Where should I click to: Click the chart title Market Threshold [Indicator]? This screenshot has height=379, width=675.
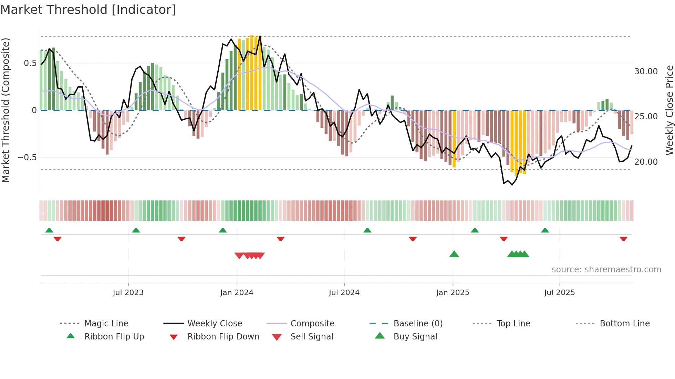(x=88, y=10)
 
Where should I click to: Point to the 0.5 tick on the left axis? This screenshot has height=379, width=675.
(x=30, y=63)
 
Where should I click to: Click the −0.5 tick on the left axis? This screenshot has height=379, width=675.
(x=27, y=158)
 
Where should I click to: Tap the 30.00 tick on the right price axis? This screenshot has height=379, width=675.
(x=646, y=72)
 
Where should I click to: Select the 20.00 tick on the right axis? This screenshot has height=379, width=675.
(x=646, y=162)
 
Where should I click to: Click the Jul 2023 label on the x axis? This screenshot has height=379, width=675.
(x=128, y=293)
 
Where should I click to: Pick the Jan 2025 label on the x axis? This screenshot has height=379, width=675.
(x=453, y=293)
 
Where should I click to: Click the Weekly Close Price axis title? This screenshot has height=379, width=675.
(x=669, y=110)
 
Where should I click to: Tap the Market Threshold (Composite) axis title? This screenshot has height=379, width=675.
(x=6, y=110)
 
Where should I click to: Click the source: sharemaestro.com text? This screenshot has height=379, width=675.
(x=606, y=270)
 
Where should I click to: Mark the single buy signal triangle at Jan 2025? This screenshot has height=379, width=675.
(x=454, y=254)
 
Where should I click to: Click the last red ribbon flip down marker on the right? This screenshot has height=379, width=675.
(x=623, y=239)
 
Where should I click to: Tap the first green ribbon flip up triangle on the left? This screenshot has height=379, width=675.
(x=49, y=230)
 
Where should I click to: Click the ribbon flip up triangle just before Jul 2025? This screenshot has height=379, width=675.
(x=545, y=230)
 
